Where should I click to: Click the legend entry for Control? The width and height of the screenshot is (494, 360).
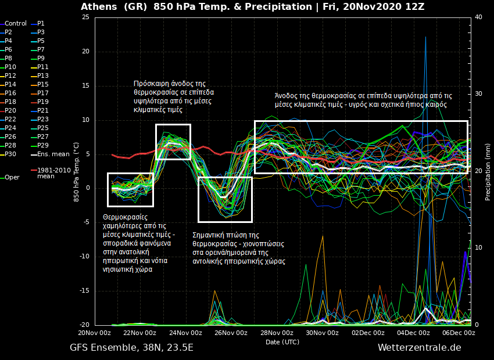[x=16, y=24]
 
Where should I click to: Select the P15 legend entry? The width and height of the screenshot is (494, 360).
[x=43, y=85]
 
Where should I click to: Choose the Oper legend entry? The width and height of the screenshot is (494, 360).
[x=12, y=178]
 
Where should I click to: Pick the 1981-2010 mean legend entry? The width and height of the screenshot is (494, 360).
[x=53, y=173]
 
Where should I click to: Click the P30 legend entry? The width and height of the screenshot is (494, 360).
[x=10, y=154]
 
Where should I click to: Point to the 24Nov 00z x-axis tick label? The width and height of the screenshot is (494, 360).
[x=185, y=333]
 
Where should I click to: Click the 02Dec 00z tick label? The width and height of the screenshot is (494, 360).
[x=368, y=333]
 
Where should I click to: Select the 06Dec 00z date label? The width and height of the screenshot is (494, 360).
[x=459, y=333]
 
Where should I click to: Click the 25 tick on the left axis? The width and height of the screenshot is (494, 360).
[x=85, y=17]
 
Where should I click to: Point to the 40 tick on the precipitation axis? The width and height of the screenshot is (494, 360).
[x=478, y=17]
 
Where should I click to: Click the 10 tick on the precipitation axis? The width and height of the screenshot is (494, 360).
[x=478, y=248]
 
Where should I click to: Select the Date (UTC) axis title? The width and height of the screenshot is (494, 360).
[x=282, y=342]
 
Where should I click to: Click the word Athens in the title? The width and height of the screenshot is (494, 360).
[x=99, y=7]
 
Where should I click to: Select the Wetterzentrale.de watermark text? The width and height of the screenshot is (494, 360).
[x=419, y=348]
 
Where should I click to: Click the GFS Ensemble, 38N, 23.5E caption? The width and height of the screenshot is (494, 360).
[x=131, y=348]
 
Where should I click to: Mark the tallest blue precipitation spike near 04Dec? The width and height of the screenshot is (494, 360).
[x=425, y=38]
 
